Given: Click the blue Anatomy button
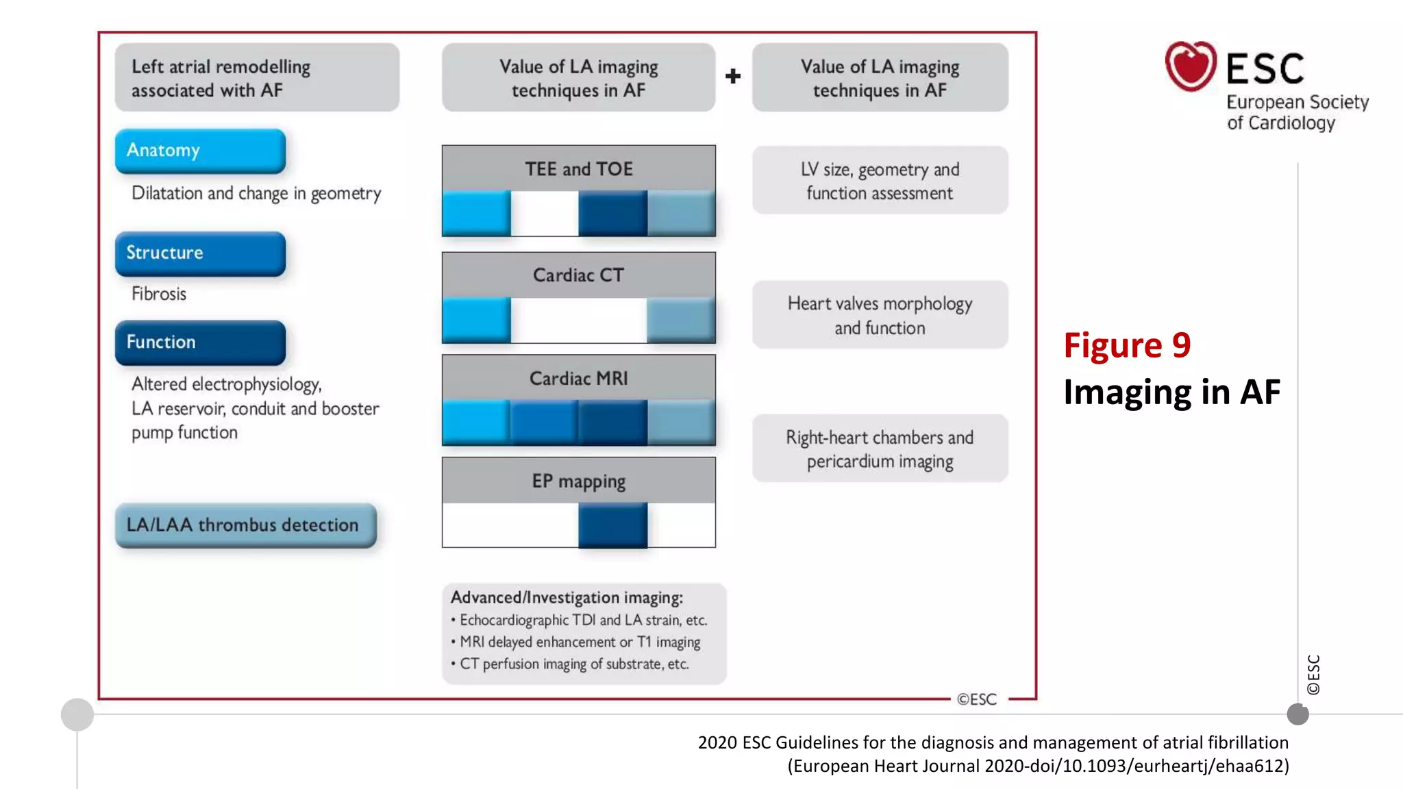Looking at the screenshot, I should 200,151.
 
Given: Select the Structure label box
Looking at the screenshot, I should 200,253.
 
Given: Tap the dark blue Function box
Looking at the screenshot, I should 200,342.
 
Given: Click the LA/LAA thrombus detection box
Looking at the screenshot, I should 245,525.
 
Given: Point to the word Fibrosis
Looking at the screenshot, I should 159,294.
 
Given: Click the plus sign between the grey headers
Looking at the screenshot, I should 733,76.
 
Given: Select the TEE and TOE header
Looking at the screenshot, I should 579,168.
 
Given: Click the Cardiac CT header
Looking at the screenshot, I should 579,275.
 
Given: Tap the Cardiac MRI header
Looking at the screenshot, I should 579,378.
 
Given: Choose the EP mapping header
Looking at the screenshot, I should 579,481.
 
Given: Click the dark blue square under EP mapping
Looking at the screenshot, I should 612,525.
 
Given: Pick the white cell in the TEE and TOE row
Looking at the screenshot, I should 545,213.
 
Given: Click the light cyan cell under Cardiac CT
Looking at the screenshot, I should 476,320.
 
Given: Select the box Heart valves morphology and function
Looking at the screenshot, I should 880,315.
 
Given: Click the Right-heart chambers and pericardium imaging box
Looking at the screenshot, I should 880,449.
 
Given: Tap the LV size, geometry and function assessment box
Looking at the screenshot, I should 880,181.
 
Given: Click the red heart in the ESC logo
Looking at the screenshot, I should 1191,66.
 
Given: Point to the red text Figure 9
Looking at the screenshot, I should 1127,345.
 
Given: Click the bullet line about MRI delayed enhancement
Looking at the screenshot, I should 580,642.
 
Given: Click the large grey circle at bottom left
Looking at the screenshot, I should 77,714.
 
